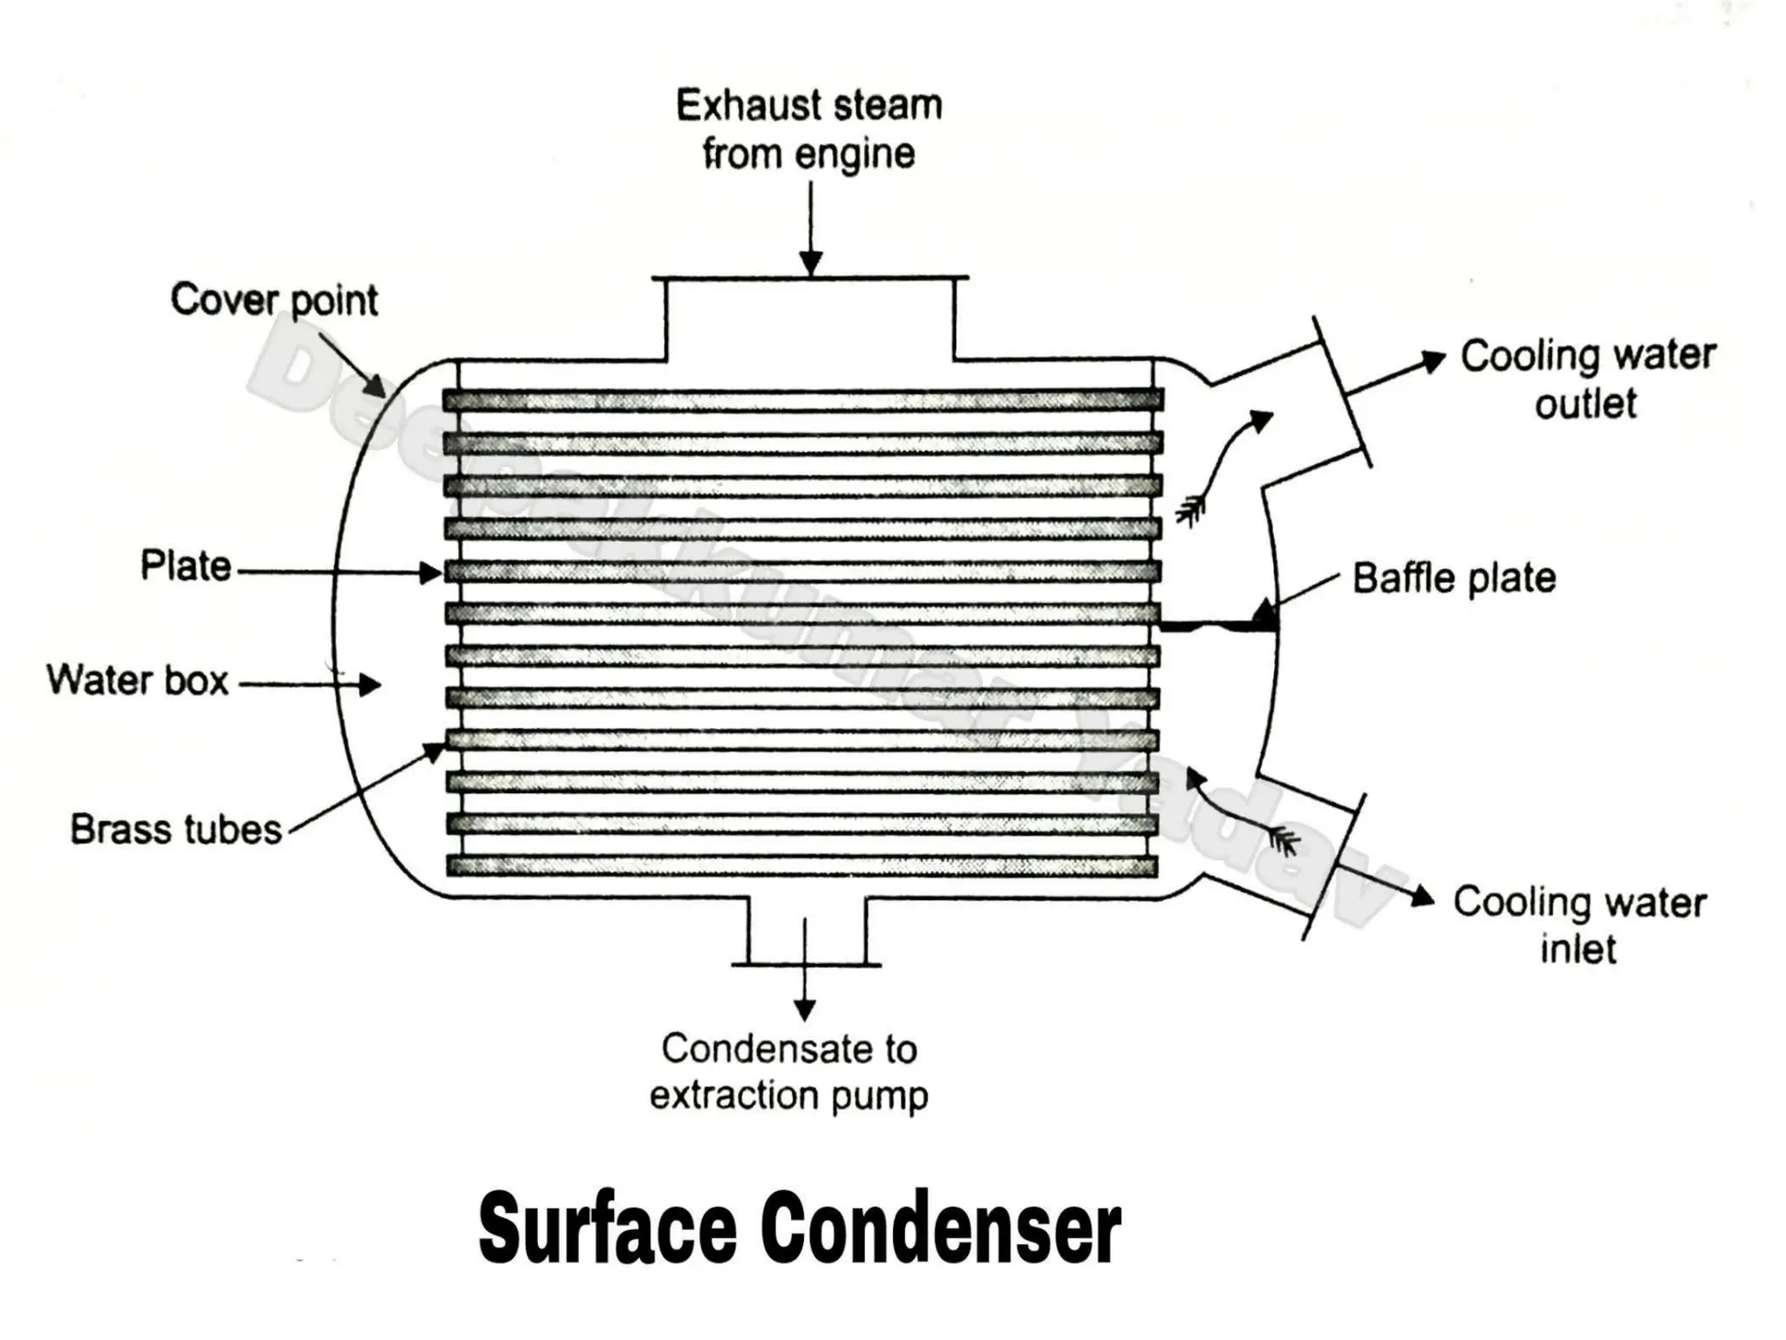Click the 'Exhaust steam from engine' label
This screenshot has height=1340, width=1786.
coord(808,130)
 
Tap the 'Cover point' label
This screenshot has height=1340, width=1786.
coord(274,300)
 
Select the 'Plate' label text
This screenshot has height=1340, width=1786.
coord(186,566)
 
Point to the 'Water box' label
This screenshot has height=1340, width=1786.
coord(138,680)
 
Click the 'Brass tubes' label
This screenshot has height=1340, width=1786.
coord(176,830)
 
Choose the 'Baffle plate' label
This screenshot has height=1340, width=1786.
coord(1454,578)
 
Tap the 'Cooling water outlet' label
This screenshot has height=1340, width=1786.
coord(1587,379)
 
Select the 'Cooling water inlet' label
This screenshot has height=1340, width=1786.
coord(1579,925)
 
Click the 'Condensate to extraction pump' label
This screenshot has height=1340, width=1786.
coord(789,1072)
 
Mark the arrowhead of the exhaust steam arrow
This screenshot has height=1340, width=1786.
coord(811,263)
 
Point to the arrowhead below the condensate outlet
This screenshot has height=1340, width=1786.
coord(805,1009)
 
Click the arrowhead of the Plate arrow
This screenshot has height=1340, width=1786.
coord(431,573)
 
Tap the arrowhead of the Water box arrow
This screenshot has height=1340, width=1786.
coord(371,685)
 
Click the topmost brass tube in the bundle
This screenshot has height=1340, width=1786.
coord(802,400)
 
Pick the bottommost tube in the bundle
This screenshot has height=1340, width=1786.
coord(802,865)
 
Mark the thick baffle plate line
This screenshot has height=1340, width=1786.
coord(1217,626)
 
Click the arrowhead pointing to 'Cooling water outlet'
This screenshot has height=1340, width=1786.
coord(1433,360)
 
